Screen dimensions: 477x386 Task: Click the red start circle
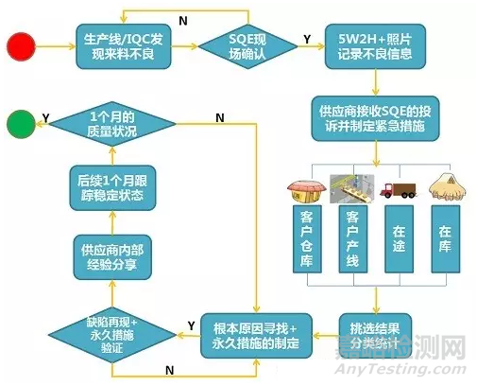[21, 46]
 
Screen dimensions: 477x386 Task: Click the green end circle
[21, 124]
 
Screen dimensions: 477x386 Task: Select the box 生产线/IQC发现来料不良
[124, 46]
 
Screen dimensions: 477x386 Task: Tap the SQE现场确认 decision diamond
[247, 46]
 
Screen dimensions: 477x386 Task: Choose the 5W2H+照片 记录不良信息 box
[375, 46]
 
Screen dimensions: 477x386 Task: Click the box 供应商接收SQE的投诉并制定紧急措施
[375, 118]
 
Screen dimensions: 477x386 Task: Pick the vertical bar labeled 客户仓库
[307, 239]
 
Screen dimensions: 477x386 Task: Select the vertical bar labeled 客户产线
[353, 239]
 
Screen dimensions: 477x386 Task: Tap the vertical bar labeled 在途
[399, 239]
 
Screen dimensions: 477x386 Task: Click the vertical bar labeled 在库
[446, 239]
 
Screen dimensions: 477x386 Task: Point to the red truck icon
[399, 190]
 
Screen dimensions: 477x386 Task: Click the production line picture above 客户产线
[352, 188]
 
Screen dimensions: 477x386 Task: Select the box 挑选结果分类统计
[375, 336]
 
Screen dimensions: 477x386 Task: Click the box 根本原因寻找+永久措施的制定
[256, 336]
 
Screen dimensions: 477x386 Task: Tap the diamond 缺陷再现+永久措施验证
[112, 335]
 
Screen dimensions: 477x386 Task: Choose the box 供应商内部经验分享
[112, 257]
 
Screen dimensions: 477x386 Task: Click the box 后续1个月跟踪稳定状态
[112, 188]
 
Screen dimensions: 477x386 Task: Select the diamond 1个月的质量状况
[112, 124]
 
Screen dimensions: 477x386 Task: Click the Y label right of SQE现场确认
[307, 39]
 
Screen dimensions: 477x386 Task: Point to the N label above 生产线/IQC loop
[183, 21]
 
